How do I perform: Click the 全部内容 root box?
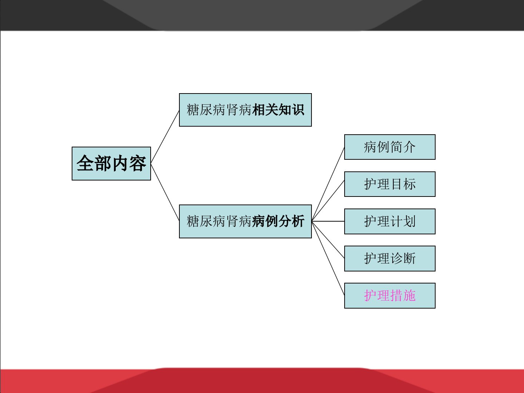(x=111, y=163)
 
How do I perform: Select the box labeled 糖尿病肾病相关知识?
(x=245, y=110)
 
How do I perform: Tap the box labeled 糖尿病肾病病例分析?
(x=245, y=221)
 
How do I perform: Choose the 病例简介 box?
(x=390, y=147)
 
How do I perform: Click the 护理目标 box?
(x=390, y=184)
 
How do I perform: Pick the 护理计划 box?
(x=390, y=221)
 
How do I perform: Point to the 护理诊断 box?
(x=390, y=258)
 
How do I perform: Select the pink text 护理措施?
(x=390, y=295)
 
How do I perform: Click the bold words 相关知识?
(x=278, y=110)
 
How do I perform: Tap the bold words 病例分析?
(x=278, y=221)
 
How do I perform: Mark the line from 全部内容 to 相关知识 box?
(x=165, y=137)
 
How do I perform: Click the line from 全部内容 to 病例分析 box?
(x=165, y=192)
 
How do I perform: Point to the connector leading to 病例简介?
(x=328, y=184)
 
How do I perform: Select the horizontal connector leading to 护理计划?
(x=328, y=221)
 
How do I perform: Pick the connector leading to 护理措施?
(x=328, y=258)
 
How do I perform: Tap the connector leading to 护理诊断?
(x=328, y=240)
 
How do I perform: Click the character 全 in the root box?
(x=85, y=163)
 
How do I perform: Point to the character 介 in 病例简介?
(x=409, y=147)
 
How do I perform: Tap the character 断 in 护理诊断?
(x=409, y=258)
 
